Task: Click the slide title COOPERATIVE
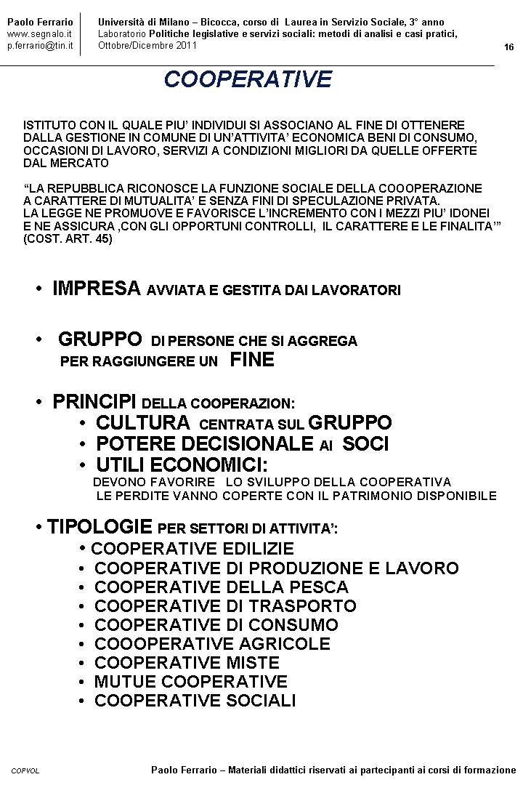pyautogui.click(x=248, y=78)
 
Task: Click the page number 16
pyautogui.click(x=508, y=47)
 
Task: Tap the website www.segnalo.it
pyautogui.click(x=39, y=34)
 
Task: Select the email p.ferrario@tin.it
pyautogui.click(x=40, y=46)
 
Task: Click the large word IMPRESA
pyautogui.click(x=97, y=289)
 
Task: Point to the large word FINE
pyautogui.click(x=252, y=360)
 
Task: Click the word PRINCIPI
pyautogui.click(x=95, y=402)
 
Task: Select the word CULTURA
pyautogui.click(x=143, y=422)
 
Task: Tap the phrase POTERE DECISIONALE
pyautogui.click(x=206, y=443)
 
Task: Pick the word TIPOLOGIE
pyautogui.click(x=100, y=527)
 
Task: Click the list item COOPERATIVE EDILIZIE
pyautogui.click(x=192, y=549)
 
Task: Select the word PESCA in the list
pyautogui.click(x=320, y=587)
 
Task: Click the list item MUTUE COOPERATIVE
pyautogui.click(x=191, y=682)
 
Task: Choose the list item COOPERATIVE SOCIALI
pyautogui.click(x=195, y=701)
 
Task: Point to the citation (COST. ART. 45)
pyautogui.click(x=68, y=238)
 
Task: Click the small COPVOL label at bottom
pyautogui.click(x=25, y=770)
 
